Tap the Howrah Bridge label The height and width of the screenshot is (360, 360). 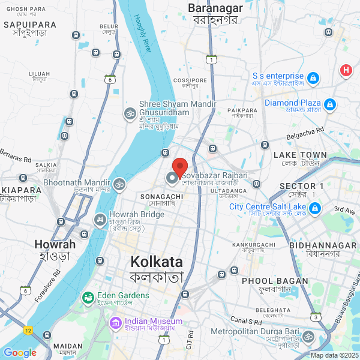(x=137, y=214)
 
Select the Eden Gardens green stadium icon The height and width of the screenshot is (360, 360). (x=88, y=296)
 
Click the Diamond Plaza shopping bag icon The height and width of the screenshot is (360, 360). (x=329, y=106)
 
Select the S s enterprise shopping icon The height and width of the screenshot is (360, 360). (x=313, y=78)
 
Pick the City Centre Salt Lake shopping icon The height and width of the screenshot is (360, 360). (x=316, y=209)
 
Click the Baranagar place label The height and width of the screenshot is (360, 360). (x=215, y=8)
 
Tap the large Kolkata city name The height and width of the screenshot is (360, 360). (x=157, y=262)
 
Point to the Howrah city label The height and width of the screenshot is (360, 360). (x=55, y=244)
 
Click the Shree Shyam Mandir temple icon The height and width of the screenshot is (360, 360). (x=129, y=113)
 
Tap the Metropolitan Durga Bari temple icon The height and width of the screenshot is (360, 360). (x=308, y=336)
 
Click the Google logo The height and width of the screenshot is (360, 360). (x=19, y=353)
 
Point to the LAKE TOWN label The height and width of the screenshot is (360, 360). (x=301, y=155)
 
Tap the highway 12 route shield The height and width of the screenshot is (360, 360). (x=28, y=331)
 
